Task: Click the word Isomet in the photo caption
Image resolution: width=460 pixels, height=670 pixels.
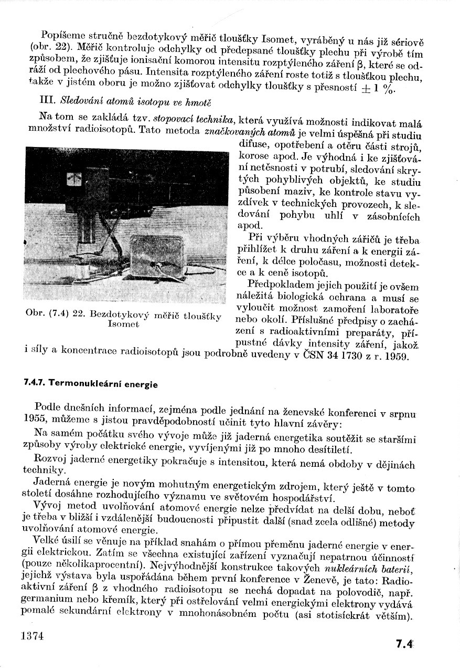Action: click(x=123, y=324)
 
